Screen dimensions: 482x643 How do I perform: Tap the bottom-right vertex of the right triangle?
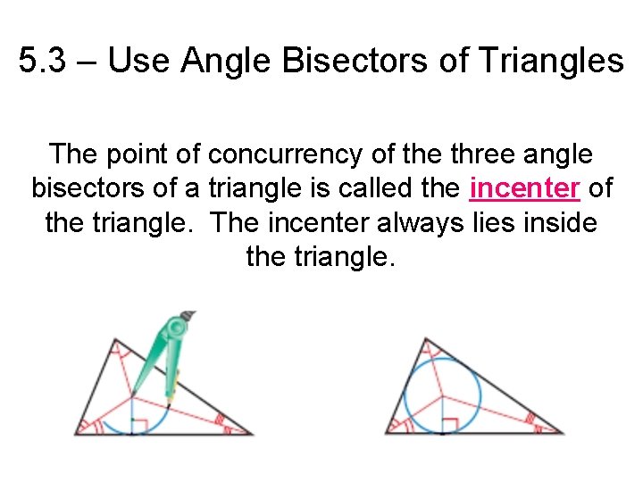point(564,433)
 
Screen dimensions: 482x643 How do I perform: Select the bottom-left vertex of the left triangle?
point(75,434)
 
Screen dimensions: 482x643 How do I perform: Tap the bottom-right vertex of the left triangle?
point(253,434)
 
